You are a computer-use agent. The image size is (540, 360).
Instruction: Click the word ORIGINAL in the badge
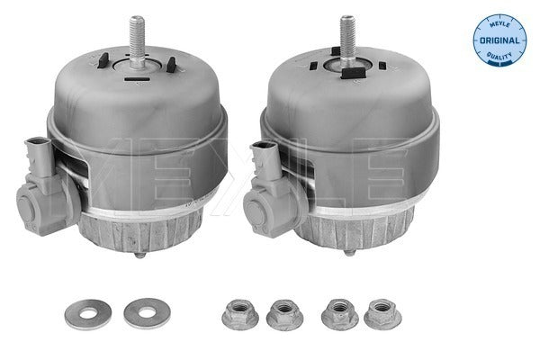[x=497, y=40]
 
